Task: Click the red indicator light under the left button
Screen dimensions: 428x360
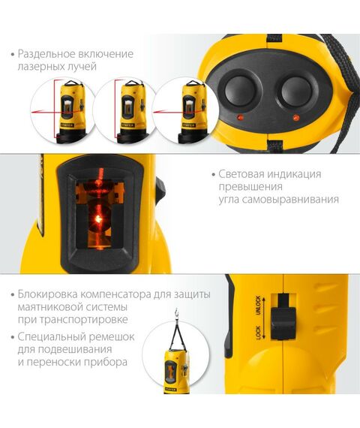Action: tap(241, 119)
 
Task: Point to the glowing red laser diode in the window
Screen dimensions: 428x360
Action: tap(97, 219)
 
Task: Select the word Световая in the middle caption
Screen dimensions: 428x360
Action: tap(240, 173)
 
